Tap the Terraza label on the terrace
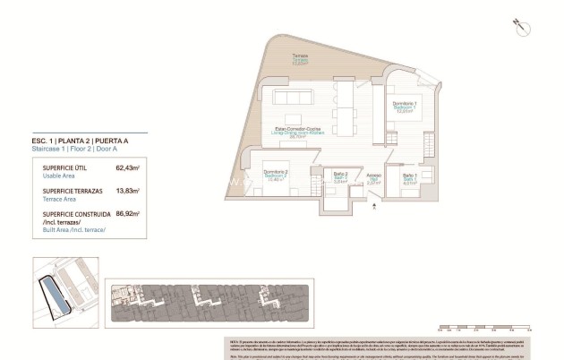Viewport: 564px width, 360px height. click(299, 59)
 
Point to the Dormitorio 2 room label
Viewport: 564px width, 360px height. click(274, 174)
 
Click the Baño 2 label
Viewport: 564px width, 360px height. click(340, 176)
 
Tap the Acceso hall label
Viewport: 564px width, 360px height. click(374, 178)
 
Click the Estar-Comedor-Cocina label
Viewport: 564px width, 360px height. click(298, 133)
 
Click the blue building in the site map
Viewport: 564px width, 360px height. click(53, 296)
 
